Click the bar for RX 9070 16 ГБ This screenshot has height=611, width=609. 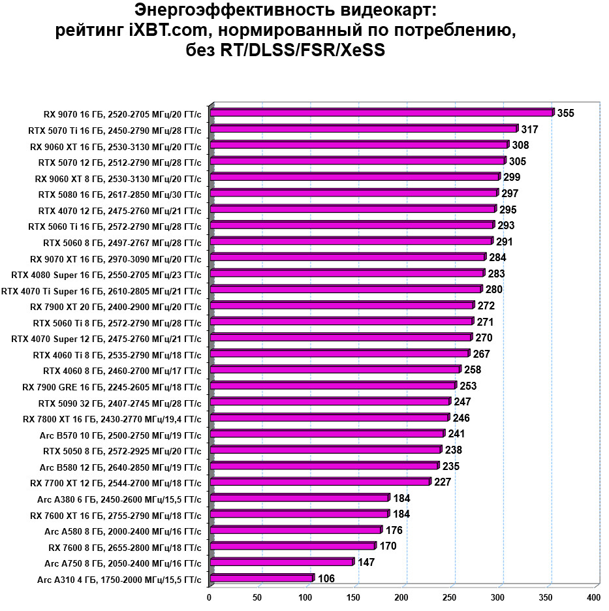pyautogui.click(x=382, y=113)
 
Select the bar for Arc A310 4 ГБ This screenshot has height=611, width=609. pyautogui.click(x=262, y=578)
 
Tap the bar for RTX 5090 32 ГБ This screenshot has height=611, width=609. pyautogui.click(x=330, y=401)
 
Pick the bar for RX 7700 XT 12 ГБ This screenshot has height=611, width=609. pyautogui.click(x=320, y=482)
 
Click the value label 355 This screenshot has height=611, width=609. pyautogui.click(x=566, y=114)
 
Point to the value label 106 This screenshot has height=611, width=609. pyautogui.click(x=326, y=578)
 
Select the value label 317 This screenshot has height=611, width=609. pyautogui.click(x=530, y=129)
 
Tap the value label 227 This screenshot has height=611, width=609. pyautogui.click(x=443, y=482)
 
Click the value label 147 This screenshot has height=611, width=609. pyautogui.click(x=366, y=562)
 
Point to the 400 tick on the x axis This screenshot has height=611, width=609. pyautogui.click(x=593, y=597)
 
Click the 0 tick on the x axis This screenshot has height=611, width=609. pyautogui.click(x=210, y=597)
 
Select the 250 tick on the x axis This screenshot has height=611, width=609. pyautogui.click(x=449, y=597)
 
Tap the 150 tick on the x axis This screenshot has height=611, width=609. pyautogui.click(x=353, y=597)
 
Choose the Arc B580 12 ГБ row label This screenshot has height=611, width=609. pyautogui.click(x=121, y=466)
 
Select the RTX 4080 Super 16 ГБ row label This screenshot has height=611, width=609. pyautogui.click(x=107, y=274)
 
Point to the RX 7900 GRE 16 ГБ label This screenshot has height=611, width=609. pyautogui.click(x=112, y=386)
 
